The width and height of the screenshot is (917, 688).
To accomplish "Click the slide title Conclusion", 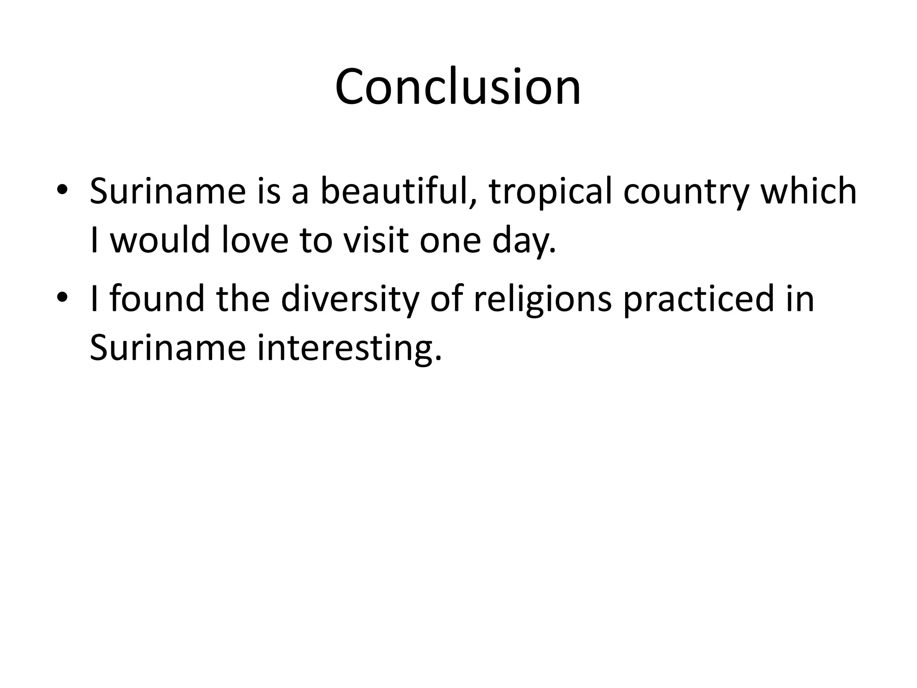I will click(x=458, y=87).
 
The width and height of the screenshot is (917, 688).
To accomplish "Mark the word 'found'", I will click(x=157, y=299).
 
